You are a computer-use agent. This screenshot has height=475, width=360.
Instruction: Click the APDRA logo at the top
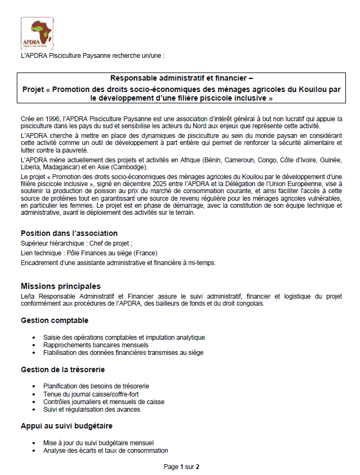tap(37, 34)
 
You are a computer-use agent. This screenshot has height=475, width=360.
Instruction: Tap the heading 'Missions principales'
tap(60, 286)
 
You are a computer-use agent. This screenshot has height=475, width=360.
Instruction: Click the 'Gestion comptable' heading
tap(54, 320)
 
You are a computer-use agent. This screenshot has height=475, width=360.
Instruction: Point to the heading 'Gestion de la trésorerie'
tap(63, 370)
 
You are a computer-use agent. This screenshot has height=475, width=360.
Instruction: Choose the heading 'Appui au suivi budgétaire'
tap(67, 426)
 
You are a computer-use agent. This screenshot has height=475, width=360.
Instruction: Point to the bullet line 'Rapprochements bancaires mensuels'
tap(96, 345)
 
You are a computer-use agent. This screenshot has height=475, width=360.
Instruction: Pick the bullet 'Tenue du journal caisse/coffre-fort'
tap(90, 394)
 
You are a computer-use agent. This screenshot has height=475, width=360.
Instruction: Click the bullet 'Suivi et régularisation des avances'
tap(91, 410)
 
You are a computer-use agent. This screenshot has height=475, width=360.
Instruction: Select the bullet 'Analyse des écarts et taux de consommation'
tap(106, 450)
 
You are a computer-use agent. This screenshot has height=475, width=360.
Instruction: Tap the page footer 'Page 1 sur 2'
tap(181, 466)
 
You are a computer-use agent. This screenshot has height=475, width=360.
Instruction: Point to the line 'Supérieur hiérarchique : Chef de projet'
tap(76, 243)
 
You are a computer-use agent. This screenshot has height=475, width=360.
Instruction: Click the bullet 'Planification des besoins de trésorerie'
tap(96, 386)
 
